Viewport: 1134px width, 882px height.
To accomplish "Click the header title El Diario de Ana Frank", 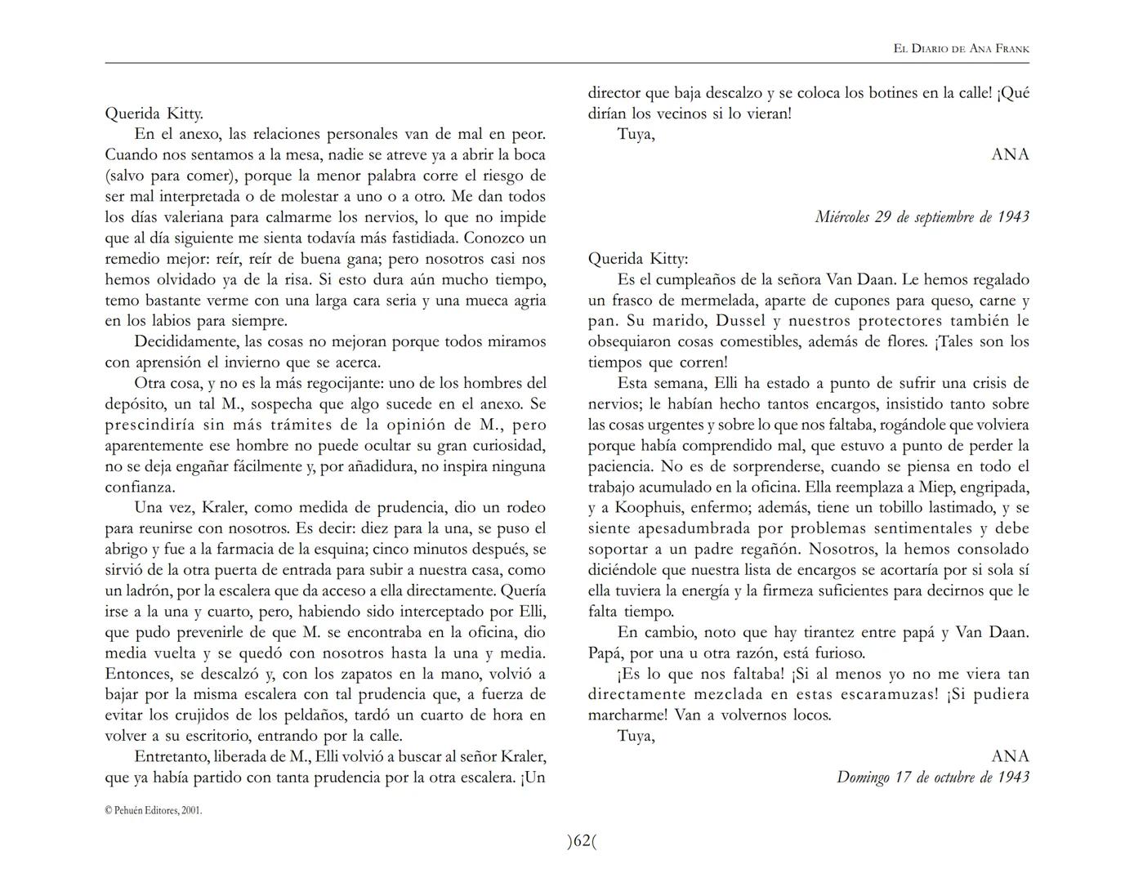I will click(x=961, y=49).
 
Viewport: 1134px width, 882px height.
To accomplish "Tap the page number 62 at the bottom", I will click(x=582, y=840).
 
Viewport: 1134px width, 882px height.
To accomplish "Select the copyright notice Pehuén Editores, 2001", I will click(x=154, y=811).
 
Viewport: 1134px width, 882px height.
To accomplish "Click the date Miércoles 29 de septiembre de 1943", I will click(x=922, y=216).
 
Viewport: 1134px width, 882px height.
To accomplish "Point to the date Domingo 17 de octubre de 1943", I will click(x=932, y=777).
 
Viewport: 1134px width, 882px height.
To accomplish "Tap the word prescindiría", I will click(x=152, y=425).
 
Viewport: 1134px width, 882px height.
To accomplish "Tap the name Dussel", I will click(x=694, y=321).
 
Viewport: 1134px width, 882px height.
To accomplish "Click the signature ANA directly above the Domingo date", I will click(x=1010, y=756).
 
